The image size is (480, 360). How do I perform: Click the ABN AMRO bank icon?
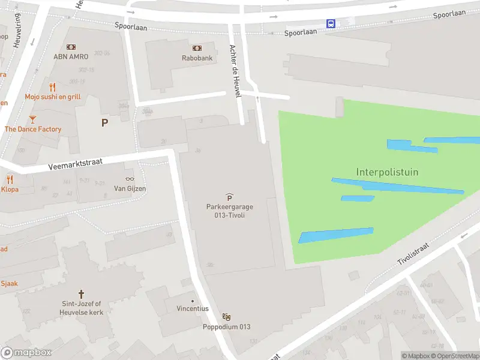(x=71, y=47)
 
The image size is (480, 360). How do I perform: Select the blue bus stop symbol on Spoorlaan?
(x=331, y=23)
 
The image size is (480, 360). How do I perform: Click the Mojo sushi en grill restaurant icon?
(x=52, y=86)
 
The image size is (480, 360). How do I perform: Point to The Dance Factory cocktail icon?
(x=32, y=119)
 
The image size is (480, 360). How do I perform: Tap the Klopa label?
(x=10, y=189)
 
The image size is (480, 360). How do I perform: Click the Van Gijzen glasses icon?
(x=130, y=179)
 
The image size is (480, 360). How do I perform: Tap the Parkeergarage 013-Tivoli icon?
(x=229, y=197)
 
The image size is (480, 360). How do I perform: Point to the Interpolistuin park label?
(x=387, y=172)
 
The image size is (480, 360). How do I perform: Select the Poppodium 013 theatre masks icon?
(x=226, y=317)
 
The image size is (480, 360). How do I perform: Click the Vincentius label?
(x=192, y=308)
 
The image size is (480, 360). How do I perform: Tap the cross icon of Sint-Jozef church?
(x=81, y=295)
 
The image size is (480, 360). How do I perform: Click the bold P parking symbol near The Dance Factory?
(x=105, y=122)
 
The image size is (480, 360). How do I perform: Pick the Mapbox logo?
(x=26, y=353)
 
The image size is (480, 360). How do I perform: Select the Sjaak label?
(x=9, y=283)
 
